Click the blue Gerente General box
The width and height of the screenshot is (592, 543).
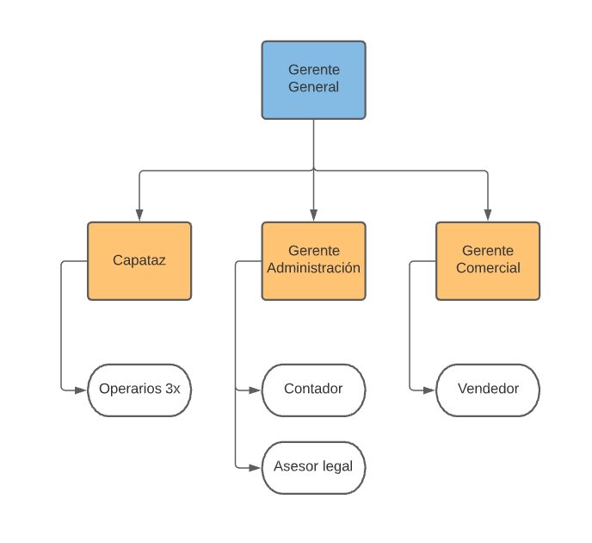pyautogui.click(x=314, y=80)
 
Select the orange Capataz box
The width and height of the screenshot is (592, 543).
pyautogui.click(x=139, y=261)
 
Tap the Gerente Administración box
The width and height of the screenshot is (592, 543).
pyautogui.click(x=314, y=261)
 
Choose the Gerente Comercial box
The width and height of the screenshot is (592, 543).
pyautogui.click(x=488, y=261)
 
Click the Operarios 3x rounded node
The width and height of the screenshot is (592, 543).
pyautogui.click(x=139, y=390)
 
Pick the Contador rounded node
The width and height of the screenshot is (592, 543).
pyautogui.click(x=314, y=390)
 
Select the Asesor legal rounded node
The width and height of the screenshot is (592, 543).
pyautogui.click(x=314, y=468)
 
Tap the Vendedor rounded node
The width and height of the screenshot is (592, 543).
pyautogui.click(x=488, y=390)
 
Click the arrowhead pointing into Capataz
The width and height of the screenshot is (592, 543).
pyautogui.click(x=139, y=215)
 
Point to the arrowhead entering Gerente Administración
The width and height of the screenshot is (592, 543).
pyautogui.click(x=314, y=215)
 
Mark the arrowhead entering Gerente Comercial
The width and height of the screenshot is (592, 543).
pyautogui.click(x=488, y=215)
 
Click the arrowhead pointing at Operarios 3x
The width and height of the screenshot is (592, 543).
pyautogui.click(x=80, y=390)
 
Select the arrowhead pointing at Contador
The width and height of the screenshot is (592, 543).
pyautogui.click(x=255, y=390)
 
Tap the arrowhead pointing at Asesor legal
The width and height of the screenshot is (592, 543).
pyautogui.click(x=255, y=468)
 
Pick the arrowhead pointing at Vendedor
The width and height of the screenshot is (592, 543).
pyautogui.click(x=429, y=390)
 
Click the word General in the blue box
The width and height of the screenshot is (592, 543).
pyautogui.click(x=314, y=87)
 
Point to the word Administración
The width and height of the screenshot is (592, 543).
pyautogui.click(x=314, y=268)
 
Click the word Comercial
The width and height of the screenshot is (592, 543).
pyautogui.click(x=488, y=268)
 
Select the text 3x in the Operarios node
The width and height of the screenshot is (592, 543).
pyautogui.click(x=173, y=389)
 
